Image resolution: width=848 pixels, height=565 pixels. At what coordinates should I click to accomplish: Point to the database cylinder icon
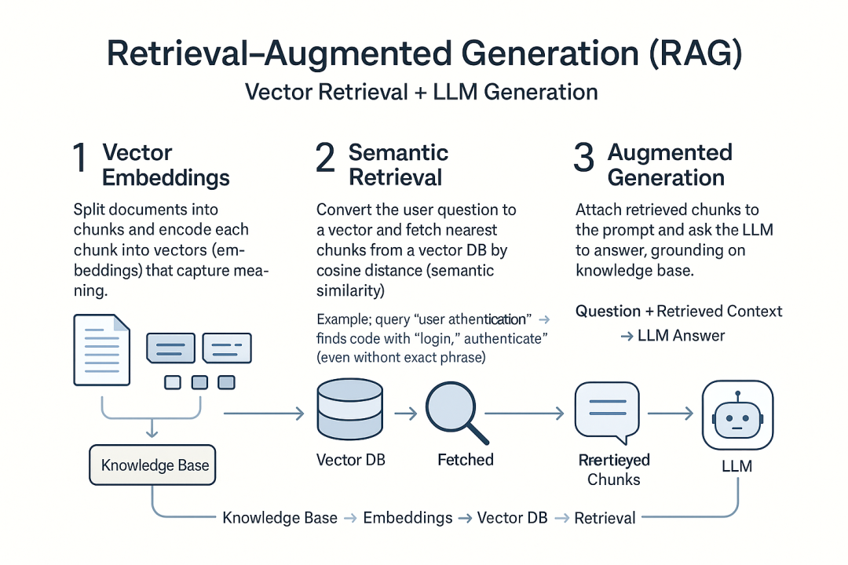pos(349,410)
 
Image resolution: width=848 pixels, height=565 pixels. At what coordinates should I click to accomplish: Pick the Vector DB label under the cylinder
pos(350,459)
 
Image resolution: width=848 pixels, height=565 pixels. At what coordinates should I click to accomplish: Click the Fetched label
pos(466,459)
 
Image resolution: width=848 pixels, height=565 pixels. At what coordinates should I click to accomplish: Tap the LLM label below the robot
pos(737,466)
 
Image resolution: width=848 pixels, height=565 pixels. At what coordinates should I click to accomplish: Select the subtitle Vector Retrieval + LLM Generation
pos(422,92)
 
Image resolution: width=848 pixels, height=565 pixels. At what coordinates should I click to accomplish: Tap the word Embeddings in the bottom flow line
pos(408,518)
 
